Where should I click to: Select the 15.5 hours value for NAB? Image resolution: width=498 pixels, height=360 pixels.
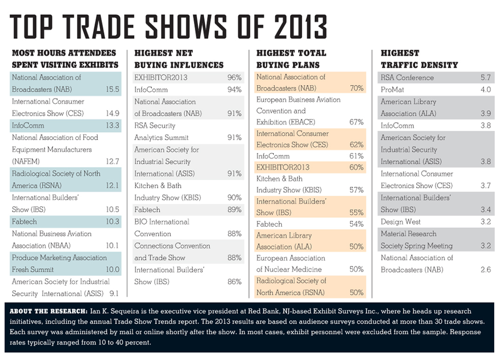[x=112, y=89]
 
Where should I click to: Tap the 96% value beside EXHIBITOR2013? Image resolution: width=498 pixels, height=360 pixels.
[x=235, y=77]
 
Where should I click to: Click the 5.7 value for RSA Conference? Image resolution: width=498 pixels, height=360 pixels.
[x=485, y=78]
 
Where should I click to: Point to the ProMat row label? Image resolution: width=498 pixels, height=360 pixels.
[x=392, y=89]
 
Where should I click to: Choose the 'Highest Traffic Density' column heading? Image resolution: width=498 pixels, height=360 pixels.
[x=419, y=59]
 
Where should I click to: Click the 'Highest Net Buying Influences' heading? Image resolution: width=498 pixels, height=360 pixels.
[x=179, y=59]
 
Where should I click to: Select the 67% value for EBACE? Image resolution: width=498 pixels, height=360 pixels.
[x=356, y=122]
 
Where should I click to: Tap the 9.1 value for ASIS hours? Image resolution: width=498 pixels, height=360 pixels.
[x=114, y=293]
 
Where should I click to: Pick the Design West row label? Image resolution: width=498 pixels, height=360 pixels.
[x=401, y=222]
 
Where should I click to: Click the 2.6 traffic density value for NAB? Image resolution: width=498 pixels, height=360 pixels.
[x=485, y=270]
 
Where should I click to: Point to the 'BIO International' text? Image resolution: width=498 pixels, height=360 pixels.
[x=162, y=222]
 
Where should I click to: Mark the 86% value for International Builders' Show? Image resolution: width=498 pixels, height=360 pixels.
[x=235, y=282]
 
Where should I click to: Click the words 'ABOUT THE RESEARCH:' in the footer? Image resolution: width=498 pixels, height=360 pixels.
[x=47, y=311]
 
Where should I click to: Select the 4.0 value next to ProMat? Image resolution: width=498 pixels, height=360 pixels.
[x=485, y=89]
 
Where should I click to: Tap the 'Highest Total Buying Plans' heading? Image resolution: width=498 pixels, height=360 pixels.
[x=291, y=59]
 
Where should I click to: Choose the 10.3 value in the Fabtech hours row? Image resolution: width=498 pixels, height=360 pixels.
[x=112, y=222]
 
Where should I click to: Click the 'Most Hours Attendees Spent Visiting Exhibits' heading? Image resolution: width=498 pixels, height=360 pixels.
[x=65, y=59]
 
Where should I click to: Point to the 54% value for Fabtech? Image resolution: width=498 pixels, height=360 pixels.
[x=356, y=224]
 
